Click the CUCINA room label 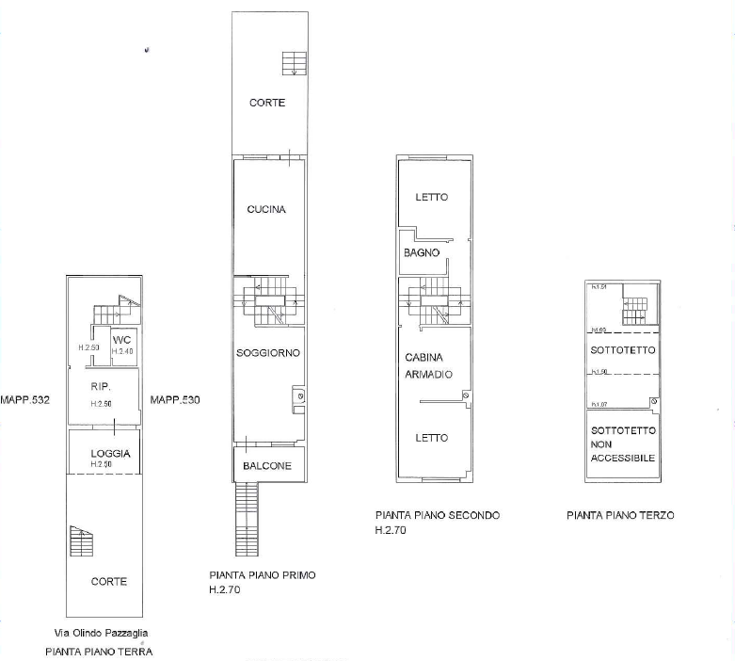[266, 210]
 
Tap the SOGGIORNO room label [268, 353]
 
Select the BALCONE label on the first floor [266, 466]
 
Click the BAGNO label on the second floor [422, 253]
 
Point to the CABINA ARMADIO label [429, 365]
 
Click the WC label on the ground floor [121, 340]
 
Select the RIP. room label [102, 387]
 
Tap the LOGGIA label [109, 454]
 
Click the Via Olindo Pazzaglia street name [100, 633]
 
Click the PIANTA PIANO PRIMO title [262, 574]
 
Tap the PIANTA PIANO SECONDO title [437, 515]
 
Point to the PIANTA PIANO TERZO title [620, 515]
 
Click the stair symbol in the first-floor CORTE [292, 62]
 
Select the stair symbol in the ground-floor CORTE [82, 542]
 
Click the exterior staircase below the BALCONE [246, 519]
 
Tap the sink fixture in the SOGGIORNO [298, 396]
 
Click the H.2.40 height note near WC [123, 351]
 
